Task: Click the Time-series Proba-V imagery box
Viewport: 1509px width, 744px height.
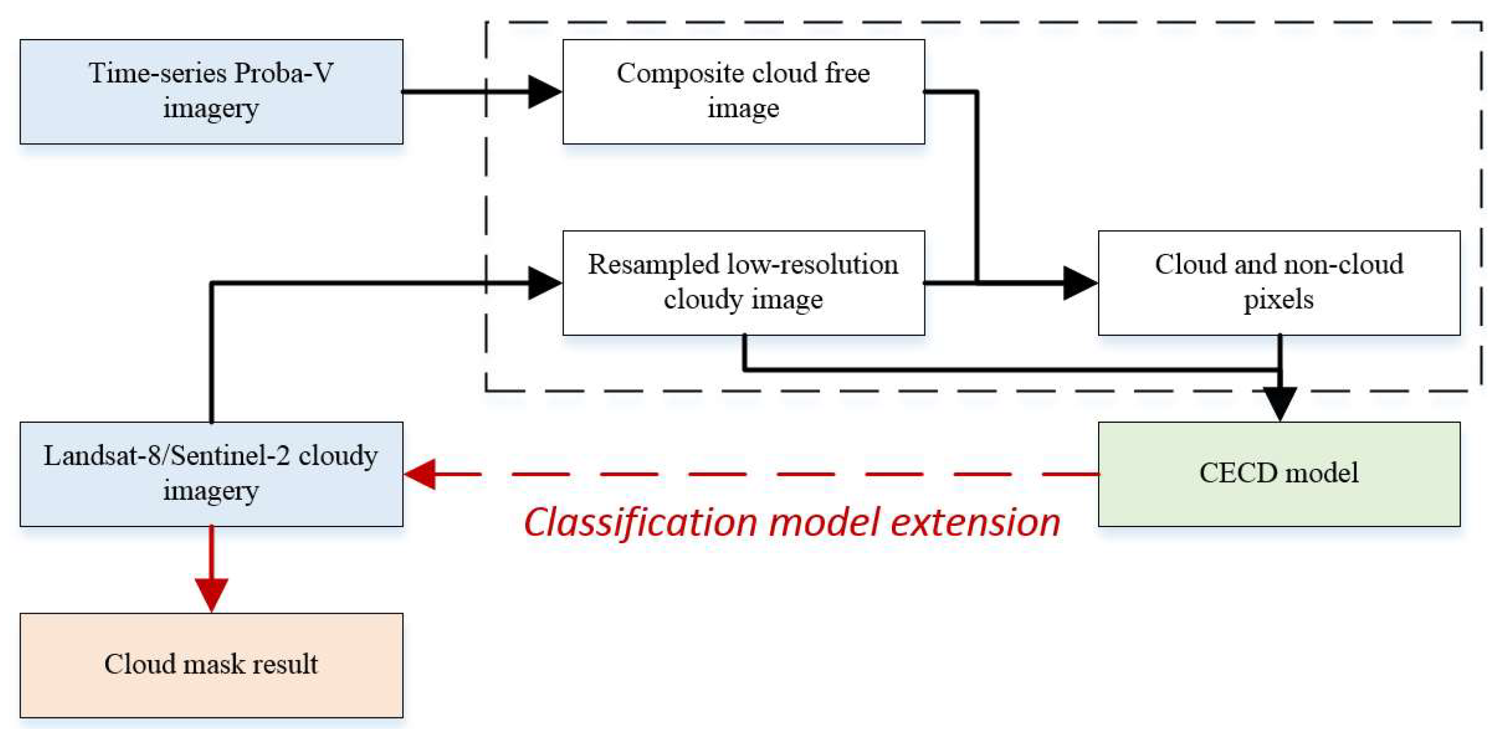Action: [211, 91]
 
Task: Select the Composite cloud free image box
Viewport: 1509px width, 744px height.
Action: [743, 91]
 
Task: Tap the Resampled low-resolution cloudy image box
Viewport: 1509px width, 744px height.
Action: [743, 282]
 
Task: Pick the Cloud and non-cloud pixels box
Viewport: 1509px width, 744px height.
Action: [1278, 282]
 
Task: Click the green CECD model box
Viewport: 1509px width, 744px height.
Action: [1278, 473]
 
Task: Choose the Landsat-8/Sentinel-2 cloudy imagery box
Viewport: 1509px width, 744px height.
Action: [211, 473]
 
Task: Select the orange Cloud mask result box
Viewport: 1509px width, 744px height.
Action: [211, 664]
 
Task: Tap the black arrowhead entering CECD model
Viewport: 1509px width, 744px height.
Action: [1279, 403]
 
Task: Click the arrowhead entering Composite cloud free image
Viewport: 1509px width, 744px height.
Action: [543, 91]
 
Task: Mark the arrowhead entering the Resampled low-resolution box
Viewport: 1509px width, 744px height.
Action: [543, 282]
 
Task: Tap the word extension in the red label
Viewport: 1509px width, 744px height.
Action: [975, 523]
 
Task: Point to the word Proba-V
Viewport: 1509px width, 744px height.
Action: [283, 74]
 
